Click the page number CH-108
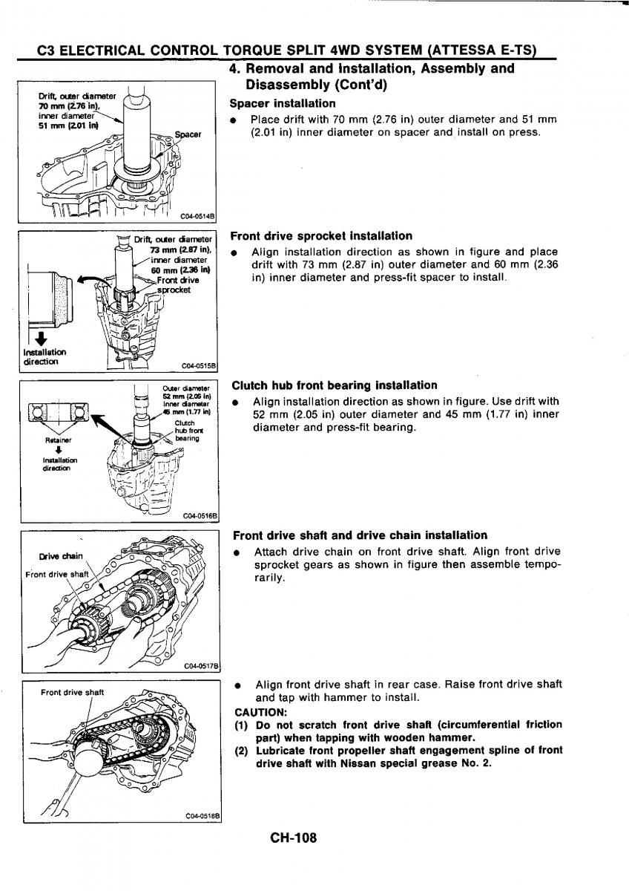[x=294, y=838]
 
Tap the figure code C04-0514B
[x=196, y=216]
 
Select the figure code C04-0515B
[x=197, y=365]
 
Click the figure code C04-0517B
[x=200, y=666]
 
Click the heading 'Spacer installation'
[x=283, y=103]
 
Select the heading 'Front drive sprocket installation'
[x=321, y=236]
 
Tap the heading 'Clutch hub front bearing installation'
[x=335, y=385]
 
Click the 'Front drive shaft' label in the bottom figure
[x=73, y=693]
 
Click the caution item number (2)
[x=241, y=750]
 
